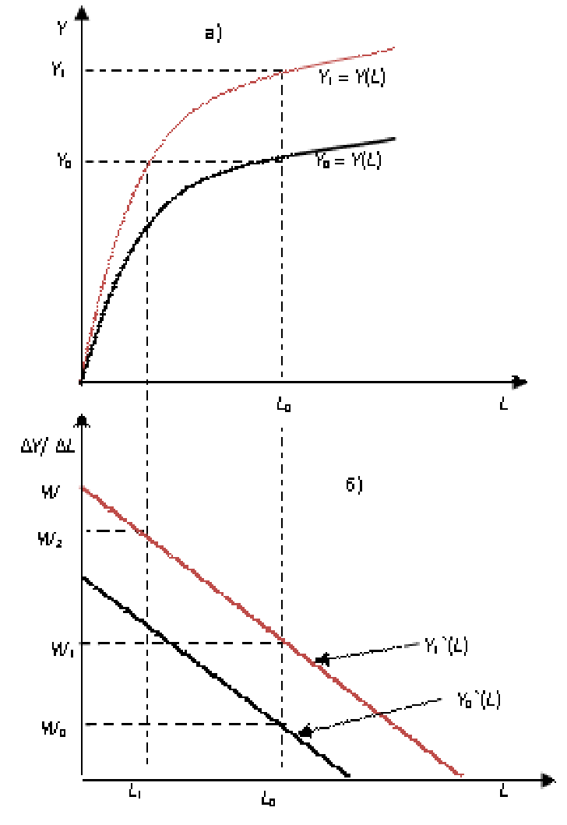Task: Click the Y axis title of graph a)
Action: (62, 28)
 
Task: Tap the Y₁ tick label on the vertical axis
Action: (59, 70)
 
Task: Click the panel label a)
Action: (213, 33)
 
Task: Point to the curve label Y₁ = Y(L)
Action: (351, 78)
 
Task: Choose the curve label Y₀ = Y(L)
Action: (347, 160)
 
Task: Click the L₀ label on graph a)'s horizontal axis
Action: (284, 405)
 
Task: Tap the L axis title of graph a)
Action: (504, 405)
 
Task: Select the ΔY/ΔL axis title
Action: (48, 447)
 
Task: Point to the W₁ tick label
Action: (62, 647)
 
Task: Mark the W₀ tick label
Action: (54, 729)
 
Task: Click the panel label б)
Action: (354, 485)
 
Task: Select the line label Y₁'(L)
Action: (446, 646)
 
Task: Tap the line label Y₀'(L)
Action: (478, 700)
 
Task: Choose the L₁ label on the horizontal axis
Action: (135, 792)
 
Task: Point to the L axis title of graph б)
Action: (504, 792)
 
